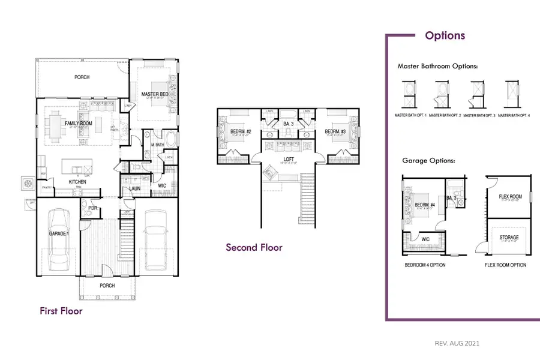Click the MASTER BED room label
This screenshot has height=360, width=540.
coord(154,95)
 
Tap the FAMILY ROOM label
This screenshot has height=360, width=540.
coord(77,123)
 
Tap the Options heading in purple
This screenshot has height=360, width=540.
coord(445,35)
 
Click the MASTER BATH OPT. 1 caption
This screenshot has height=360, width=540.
coord(410,115)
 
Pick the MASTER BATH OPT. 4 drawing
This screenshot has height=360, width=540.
coord(511,94)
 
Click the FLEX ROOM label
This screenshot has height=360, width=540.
coord(510,196)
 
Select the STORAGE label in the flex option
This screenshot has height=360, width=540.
coord(509,237)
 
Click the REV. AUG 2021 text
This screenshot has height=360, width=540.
coord(457,343)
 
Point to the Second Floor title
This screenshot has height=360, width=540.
coord(254,247)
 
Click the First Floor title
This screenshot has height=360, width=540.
coord(61,311)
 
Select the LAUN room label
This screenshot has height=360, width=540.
coord(135,189)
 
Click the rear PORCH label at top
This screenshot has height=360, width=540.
coord(82,77)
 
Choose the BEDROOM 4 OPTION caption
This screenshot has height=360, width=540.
coord(425,265)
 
